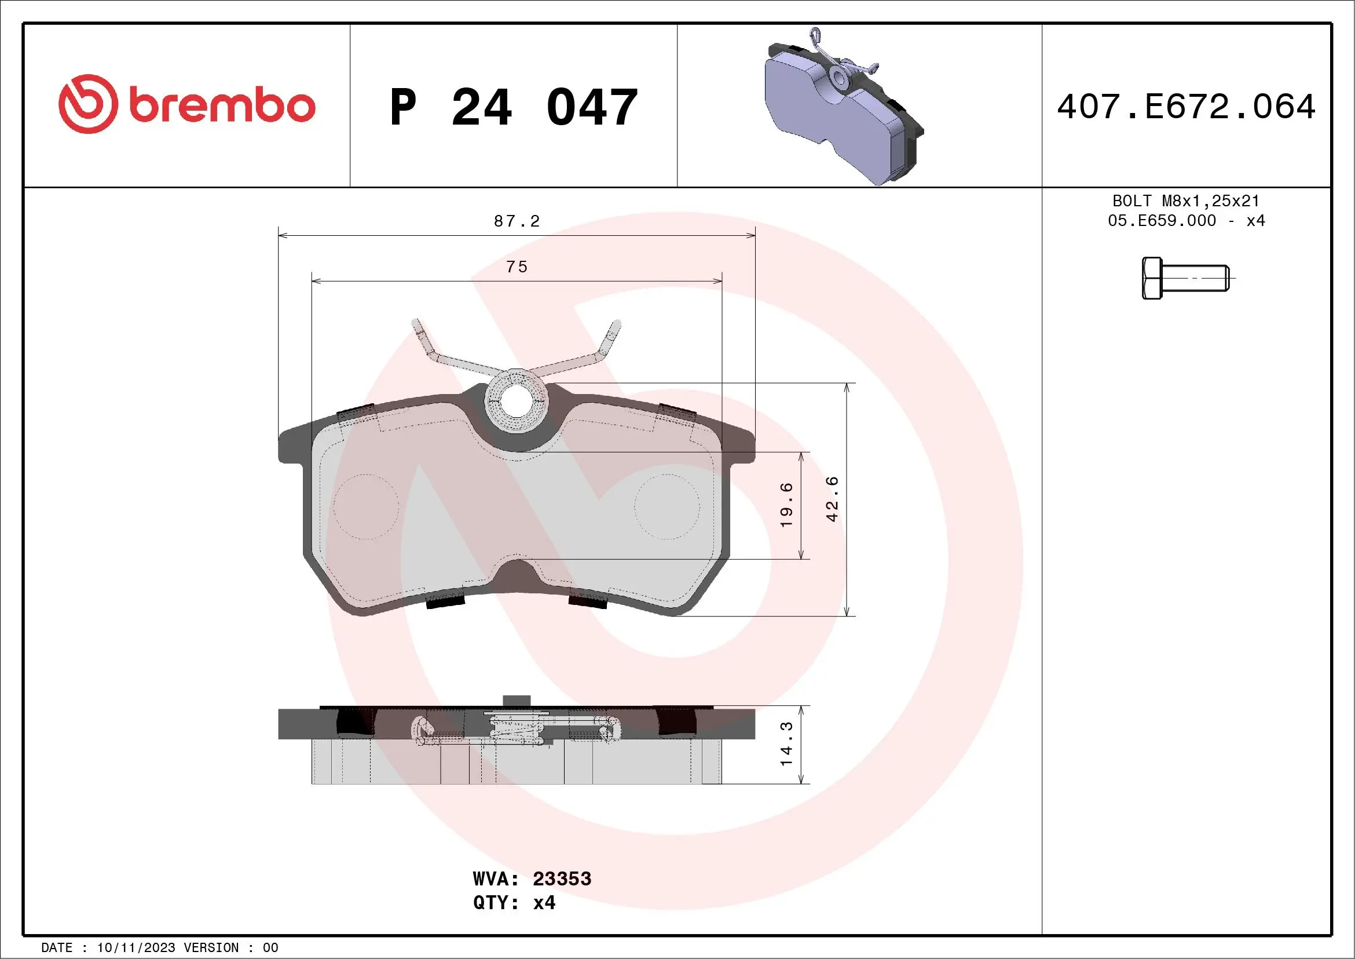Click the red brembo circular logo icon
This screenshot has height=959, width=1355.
(x=87, y=104)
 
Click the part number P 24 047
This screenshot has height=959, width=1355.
(x=514, y=107)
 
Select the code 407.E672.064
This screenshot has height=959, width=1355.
(x=1186, y=107)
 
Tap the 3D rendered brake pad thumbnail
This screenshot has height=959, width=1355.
(x=844, y=110)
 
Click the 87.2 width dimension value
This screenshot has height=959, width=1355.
(x=517, y=221)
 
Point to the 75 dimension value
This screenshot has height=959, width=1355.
(x=517, y=267)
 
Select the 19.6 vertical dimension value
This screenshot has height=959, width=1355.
(x=786, y=505)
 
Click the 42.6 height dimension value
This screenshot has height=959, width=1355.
(x=832, y=499)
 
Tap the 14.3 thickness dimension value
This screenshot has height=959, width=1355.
(x=786, y=744)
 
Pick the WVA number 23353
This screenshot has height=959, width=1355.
(x=562, y=878)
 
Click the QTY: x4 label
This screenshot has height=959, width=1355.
(x=514, y=903)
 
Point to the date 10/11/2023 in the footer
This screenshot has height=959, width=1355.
(x=135, y=948)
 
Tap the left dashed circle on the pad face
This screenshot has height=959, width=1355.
(x=366, y=506)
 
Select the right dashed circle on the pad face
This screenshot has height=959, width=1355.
(x=667, y=506)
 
